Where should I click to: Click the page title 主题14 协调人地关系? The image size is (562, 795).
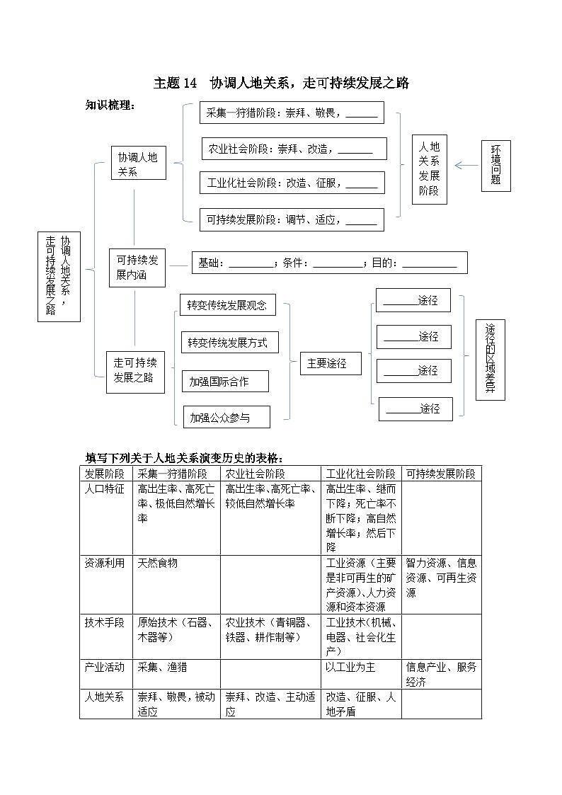point(281,84)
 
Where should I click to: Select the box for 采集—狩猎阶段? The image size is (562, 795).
point(291,113)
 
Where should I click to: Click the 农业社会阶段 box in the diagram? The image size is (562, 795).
point(294,149)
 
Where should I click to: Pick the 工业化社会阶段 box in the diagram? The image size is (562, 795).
point(292,183)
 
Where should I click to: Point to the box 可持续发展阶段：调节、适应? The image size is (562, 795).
point(291,219)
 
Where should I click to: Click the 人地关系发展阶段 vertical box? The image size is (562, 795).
point(430,168)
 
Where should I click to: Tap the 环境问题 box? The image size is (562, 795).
point(495,166)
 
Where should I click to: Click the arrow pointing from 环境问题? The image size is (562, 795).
point(467,166)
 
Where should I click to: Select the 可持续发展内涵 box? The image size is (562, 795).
point(137,268)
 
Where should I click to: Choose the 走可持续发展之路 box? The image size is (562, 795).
point(134,371)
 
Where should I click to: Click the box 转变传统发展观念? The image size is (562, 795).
point(227,306)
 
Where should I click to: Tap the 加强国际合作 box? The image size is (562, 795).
point(225,382)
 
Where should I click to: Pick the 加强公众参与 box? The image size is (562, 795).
point(226,418)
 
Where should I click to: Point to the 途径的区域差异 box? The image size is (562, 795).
point(490,360)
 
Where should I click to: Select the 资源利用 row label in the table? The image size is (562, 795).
point(105,564)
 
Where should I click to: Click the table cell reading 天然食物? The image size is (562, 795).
point(158,564)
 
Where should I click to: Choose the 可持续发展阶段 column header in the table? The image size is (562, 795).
point(441,474)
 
